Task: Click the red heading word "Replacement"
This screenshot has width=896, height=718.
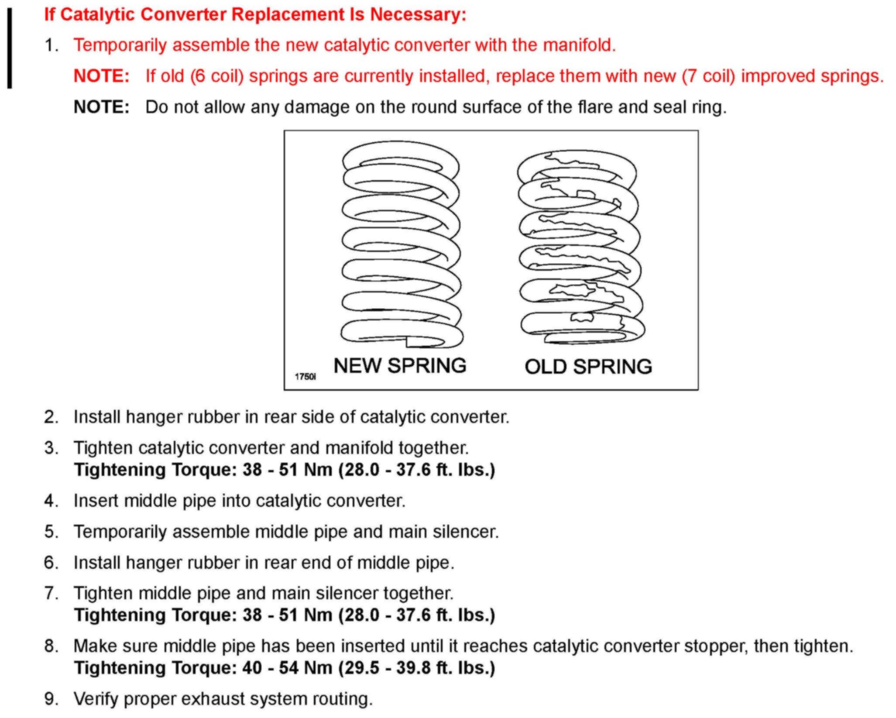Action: tap(288, 14)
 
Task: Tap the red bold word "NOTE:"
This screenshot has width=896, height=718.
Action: tap(102, 76)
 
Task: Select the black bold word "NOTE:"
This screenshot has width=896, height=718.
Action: tap(102, 107)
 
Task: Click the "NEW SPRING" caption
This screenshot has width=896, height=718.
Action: tap(400, 366)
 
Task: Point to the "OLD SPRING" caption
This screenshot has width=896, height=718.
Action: tap(588, 367)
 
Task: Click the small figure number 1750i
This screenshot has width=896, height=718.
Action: tap(305, 377)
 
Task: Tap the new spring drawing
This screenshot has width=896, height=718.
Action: tap(401, 244)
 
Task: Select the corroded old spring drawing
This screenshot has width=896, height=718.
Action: tap(580, 247)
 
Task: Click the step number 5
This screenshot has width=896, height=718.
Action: tap(51, 532)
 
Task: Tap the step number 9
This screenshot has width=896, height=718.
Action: tap(51, 699)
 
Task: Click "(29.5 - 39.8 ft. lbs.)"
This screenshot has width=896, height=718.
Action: tap(417, 668)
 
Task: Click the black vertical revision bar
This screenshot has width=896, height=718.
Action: tap(10, 48)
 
